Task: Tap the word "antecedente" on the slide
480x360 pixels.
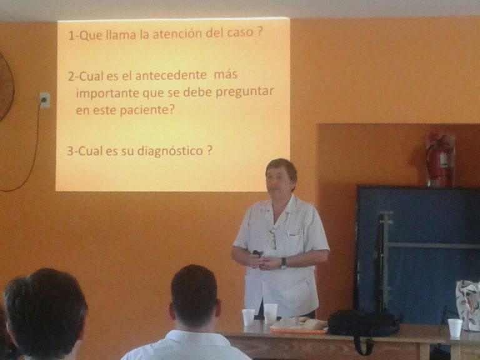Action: pos(171,75)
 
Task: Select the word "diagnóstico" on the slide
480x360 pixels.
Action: pos(170,151)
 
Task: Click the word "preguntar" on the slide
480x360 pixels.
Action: pos(244,92)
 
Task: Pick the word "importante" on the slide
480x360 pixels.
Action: pos(107,93)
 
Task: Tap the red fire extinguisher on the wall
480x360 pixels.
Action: pos(440,160)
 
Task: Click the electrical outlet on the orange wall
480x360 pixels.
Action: pos(45,100)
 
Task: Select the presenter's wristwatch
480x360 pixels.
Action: pos(284,262)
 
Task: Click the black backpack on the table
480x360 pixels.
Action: pos(363,323)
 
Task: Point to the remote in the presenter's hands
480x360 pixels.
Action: pos(257,253)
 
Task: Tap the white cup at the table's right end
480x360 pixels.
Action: pos(455,328)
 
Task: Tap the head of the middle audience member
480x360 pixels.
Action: pos(194,296)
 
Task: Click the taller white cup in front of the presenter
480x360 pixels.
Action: pos(270,313)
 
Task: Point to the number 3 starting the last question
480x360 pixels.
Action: pos(71,151)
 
